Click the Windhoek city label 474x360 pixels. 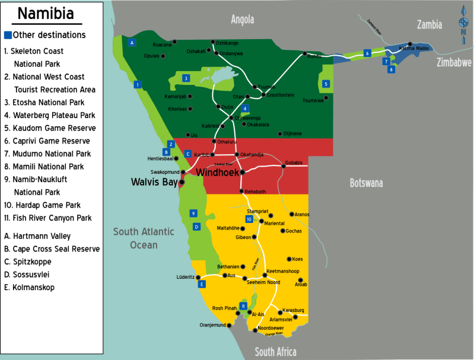(217, 173)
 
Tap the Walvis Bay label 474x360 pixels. (154, 182)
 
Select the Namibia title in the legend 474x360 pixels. (46, 14)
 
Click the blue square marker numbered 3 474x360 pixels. (186, 78)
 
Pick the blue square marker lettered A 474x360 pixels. (132, 42)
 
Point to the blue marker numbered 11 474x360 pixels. (243, 305)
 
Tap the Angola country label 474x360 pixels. (242, 19)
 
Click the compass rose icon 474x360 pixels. (463, 24)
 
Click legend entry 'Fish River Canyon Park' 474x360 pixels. (47, 218)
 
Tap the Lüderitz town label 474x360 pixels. (186, 277)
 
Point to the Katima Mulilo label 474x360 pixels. (414, 47)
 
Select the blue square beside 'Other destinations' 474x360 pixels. (8, 35)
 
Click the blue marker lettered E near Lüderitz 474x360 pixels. (202, 284)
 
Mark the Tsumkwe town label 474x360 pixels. (313, 100)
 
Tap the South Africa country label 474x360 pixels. (275, 352)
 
